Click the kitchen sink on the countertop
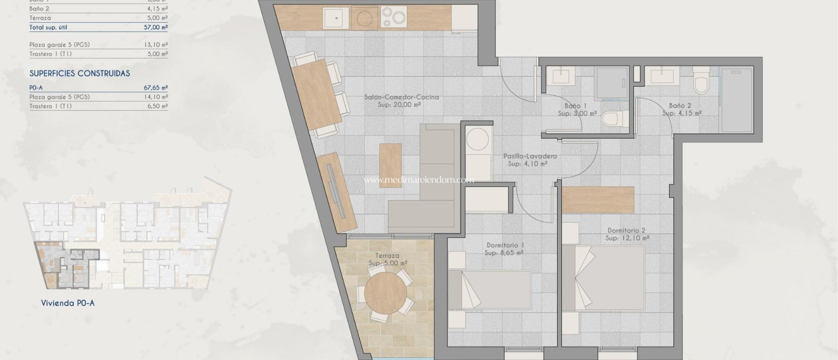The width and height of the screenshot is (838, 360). pos(336,18)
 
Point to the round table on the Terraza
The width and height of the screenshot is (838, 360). pos(385,292)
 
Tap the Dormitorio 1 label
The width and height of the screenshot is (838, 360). pos(505,245)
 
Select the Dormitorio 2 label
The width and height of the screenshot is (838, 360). pos(626,231)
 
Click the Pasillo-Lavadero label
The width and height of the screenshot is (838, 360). pos(530,156)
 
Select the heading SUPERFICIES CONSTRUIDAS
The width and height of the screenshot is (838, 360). pos(80,74)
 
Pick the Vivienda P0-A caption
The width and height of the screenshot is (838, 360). pos(68,303)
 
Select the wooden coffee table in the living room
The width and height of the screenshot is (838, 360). pos(390,165)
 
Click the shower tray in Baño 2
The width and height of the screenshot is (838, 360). pos(737,100)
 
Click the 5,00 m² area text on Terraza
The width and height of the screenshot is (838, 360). pos(387,263)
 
